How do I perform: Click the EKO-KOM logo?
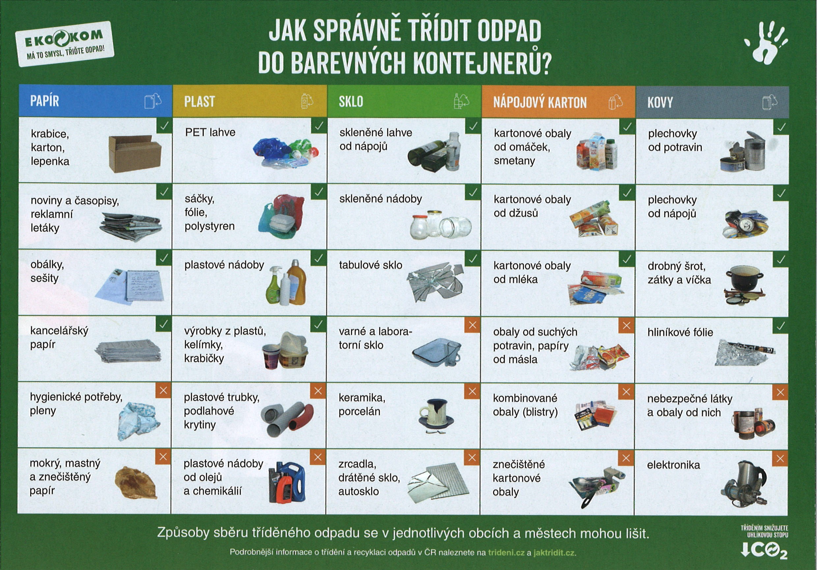65,44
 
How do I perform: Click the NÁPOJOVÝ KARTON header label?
540,102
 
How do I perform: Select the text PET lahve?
210,132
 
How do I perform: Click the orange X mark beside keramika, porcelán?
472,392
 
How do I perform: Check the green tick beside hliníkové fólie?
781,326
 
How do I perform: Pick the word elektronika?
673,465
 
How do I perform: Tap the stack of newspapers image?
131,227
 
